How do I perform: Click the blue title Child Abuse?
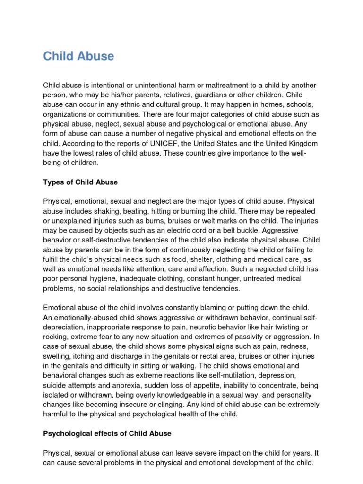[78, 56]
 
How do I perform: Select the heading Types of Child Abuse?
[80, 182]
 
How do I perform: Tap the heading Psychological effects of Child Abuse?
[107, 433]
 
